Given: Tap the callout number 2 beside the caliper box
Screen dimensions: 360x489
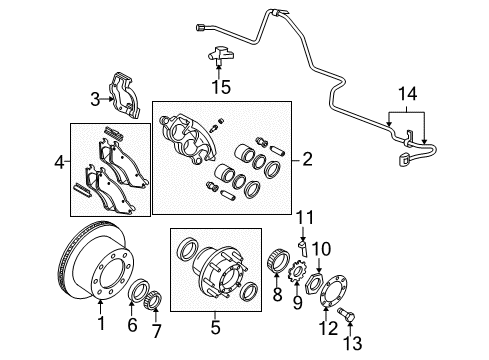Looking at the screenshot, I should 307,158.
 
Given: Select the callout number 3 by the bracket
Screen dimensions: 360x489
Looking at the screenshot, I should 94,98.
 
